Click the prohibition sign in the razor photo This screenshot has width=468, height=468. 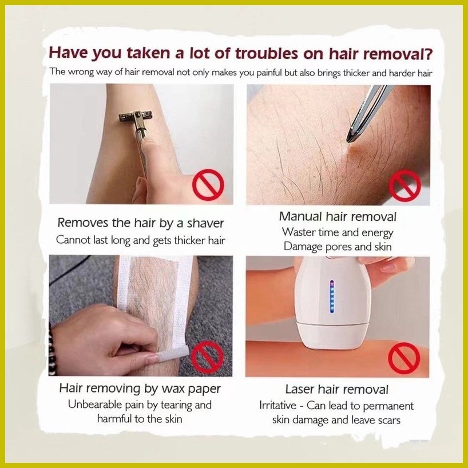click(208, 185)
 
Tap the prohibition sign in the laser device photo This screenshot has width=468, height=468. click(404, 358)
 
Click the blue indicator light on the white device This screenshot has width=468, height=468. click(332, 296)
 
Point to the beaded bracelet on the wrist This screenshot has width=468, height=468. click(52, 349)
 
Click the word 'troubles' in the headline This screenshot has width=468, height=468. click(267, 54)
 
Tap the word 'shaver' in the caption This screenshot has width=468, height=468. click(205, 223)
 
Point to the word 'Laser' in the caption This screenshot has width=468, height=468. click(299, 389)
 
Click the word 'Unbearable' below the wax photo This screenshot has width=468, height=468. click(95, 404)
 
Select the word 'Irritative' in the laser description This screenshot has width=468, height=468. click(277, 405)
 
